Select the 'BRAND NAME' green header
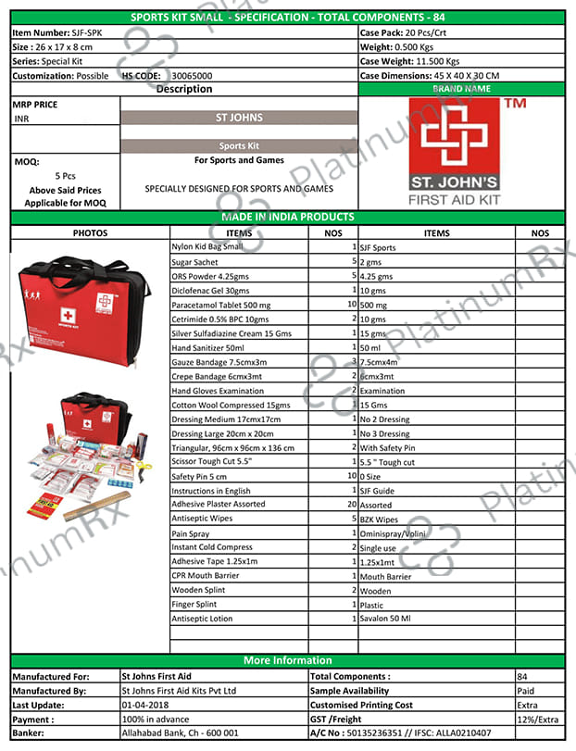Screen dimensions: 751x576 coord(460,90)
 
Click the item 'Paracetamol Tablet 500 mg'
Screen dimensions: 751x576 coord(221,305)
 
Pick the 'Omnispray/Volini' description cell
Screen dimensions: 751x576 coord(394,533)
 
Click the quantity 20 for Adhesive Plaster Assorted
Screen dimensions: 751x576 coord(351,505)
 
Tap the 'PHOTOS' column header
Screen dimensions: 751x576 coord(90,233)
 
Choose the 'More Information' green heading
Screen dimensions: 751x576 coord(287,661)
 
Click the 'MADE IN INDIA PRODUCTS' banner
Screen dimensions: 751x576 coord(287,218)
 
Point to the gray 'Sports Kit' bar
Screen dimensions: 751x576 coord(239,146)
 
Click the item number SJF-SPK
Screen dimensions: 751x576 coord(90,32)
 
